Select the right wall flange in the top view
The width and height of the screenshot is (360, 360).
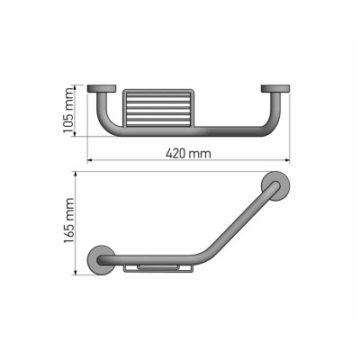pyautogui.click(x=274, y=88)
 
